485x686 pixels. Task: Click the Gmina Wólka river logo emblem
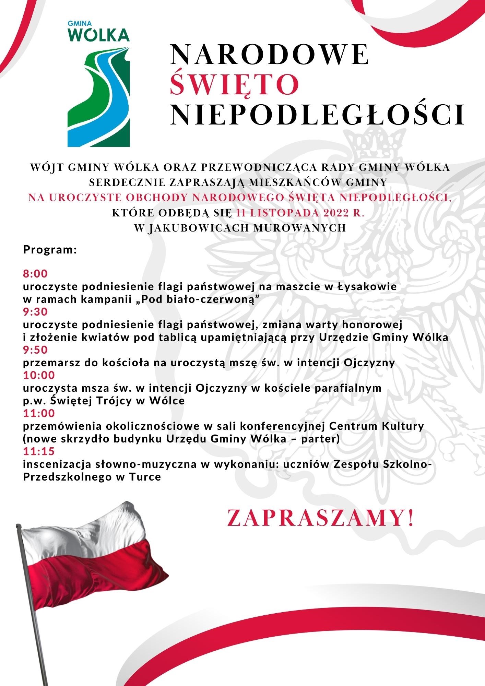(99, 98)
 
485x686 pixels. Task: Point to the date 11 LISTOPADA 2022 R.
(300, 213)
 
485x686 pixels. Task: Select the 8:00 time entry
(35, 274)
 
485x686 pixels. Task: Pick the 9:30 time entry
(35, 312)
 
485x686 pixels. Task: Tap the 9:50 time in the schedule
(35, 350)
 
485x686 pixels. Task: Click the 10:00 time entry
(39, 375)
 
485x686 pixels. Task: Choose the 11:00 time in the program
(39, 413)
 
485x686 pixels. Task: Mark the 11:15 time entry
(39, 451)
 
